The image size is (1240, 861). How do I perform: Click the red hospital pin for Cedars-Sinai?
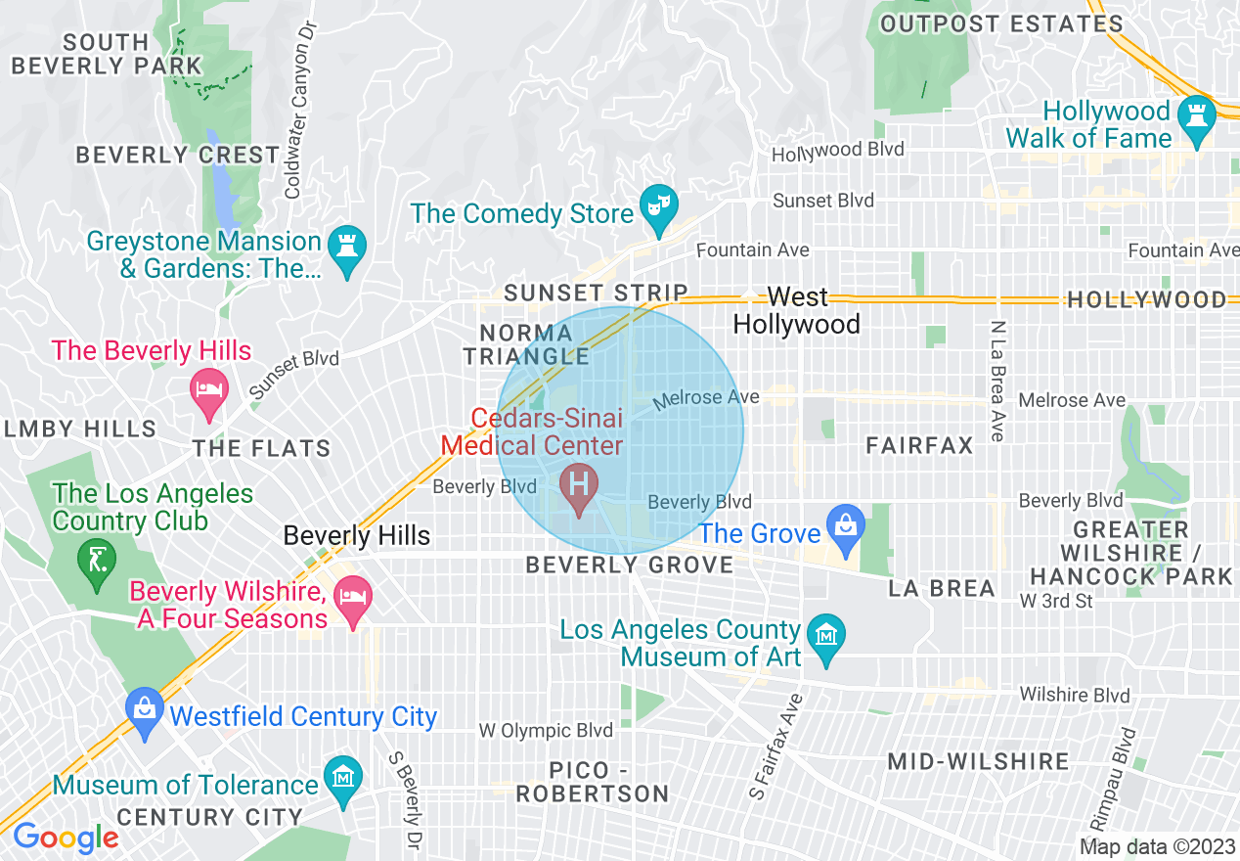(578, 485)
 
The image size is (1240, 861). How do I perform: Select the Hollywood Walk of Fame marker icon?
(1197, 115)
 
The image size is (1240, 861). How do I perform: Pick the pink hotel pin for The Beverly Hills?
(208, 389)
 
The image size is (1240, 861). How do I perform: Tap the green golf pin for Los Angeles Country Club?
(96, 561)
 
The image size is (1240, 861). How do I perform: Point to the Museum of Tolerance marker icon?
(343, 778)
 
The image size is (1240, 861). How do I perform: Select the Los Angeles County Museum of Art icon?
(827, 637)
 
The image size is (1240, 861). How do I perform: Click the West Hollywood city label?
(797, 310)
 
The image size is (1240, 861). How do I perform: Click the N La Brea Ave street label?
(997, 381)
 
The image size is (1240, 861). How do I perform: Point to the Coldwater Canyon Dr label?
(298, 110)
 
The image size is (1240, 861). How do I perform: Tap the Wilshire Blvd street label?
(1074, 696)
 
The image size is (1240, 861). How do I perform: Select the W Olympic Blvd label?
(546, 731)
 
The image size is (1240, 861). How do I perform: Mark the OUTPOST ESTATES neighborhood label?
(1000, 23)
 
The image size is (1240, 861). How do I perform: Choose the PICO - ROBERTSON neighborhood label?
(592, 782)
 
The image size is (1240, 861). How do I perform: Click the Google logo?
(65, 838)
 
